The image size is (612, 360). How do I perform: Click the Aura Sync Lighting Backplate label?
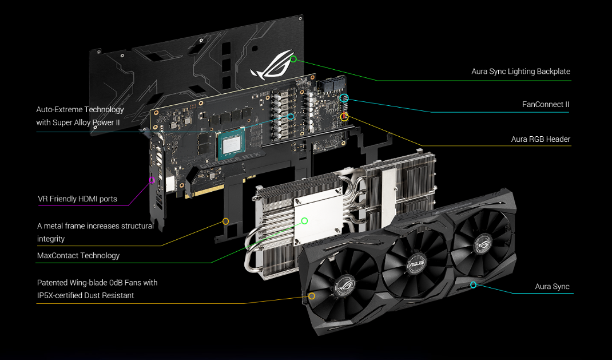(520, 72)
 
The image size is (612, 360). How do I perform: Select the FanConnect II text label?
(546, 104)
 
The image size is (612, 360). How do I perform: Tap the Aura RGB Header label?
(541, 139)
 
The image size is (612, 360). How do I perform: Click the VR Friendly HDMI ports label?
(77, 199)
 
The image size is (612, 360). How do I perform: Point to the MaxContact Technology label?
(78, 255)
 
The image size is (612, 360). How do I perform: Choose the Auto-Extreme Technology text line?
(80, 109)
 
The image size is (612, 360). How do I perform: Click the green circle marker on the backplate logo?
(293, 59)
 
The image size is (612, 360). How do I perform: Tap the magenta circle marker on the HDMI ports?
(152, 180)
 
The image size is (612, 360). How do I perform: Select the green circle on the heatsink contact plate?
(304, 221)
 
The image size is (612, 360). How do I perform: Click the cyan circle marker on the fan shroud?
(473, 284)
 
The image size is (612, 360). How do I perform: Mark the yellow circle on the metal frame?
(225, 221)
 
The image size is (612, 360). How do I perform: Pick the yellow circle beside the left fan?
(312, 296)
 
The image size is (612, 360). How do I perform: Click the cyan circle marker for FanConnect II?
(344, 98)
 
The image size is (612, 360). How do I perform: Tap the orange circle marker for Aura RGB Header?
(344, 117)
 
